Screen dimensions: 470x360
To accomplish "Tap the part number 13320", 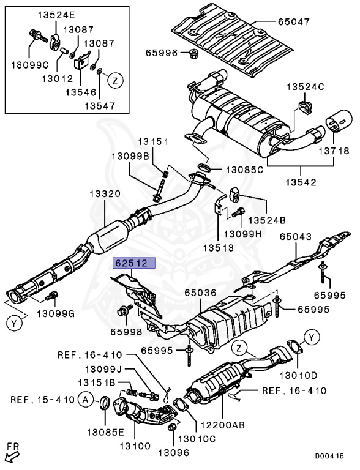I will click(x=107, y=193).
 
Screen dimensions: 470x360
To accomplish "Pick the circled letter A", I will click(x=86, y=400).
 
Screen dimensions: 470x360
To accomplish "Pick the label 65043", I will click(x=296, y=236).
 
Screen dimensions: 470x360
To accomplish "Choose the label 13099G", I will click(x=55, y=313).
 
